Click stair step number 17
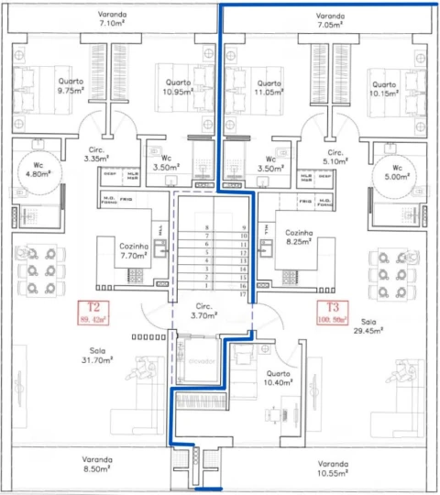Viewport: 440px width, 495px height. point(244,294)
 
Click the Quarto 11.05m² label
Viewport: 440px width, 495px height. point(266,87)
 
